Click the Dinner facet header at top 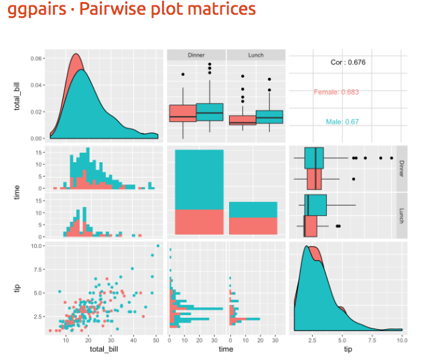pos(196,56)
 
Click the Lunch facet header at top pos(256,56)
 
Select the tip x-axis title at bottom pos(347,350)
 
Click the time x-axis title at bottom pos(225,350)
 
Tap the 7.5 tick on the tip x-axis pos(371,340)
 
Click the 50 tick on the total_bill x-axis pos(155,340)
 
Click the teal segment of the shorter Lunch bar pos(253,209)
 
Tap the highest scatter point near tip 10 pos(157,246)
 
